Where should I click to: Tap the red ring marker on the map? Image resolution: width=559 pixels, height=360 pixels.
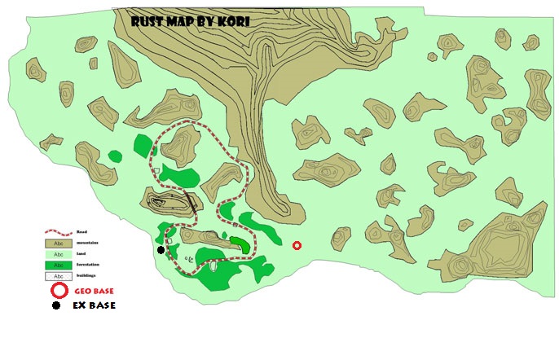[x=297, y=245]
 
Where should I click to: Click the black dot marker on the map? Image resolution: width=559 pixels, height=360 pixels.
[x=161, y=251]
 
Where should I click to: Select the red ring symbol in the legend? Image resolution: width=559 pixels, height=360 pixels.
[x=58, y=291]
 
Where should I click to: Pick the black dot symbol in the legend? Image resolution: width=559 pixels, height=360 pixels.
[x=55, y=306]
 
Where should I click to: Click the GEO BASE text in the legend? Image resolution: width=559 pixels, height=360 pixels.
[x=94, y=291]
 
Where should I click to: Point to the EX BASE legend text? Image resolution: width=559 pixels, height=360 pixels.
[x=94, y=306]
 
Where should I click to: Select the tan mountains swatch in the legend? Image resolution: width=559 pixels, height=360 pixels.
[x=58, y=243]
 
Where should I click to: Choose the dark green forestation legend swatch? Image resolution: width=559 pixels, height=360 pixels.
[x=58, y=265]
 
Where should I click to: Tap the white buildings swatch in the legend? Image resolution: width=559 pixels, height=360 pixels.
[x=58, y=275]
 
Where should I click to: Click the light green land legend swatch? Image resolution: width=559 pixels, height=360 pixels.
[x=58, y=254]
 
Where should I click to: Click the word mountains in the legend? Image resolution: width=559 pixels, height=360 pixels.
[x=88, y=243]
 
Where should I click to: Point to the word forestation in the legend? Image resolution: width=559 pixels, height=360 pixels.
[x=90, y=265]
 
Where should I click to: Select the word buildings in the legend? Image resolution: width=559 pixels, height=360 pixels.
[x=88, y=275]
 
